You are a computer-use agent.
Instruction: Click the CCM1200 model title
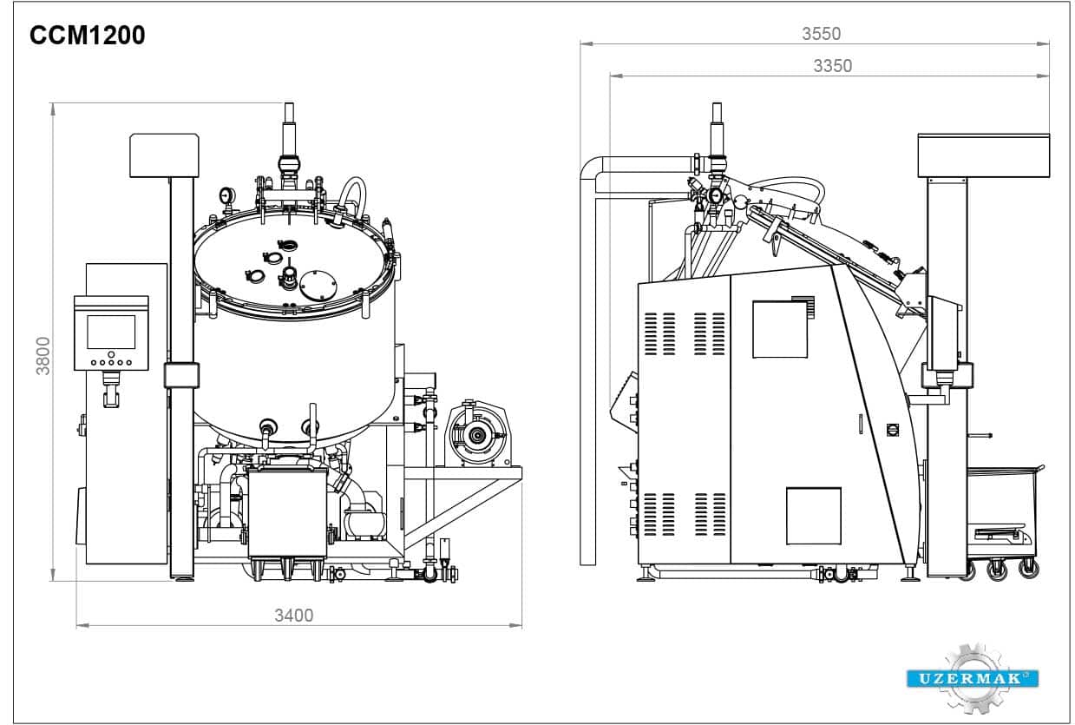(88, 35)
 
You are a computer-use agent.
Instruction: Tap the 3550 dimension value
(821, 34)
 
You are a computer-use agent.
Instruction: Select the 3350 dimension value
(833, 66)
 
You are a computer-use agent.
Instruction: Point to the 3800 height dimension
(43, 356)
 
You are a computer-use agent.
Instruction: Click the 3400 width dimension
(294, 615)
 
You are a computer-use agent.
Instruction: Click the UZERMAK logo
(973, 678)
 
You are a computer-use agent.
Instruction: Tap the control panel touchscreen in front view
(111, 332)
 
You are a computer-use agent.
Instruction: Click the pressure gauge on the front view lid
(227, 196)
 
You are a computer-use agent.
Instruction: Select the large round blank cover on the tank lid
(318, 285)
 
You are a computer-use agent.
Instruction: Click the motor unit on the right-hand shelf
(477, 433)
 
